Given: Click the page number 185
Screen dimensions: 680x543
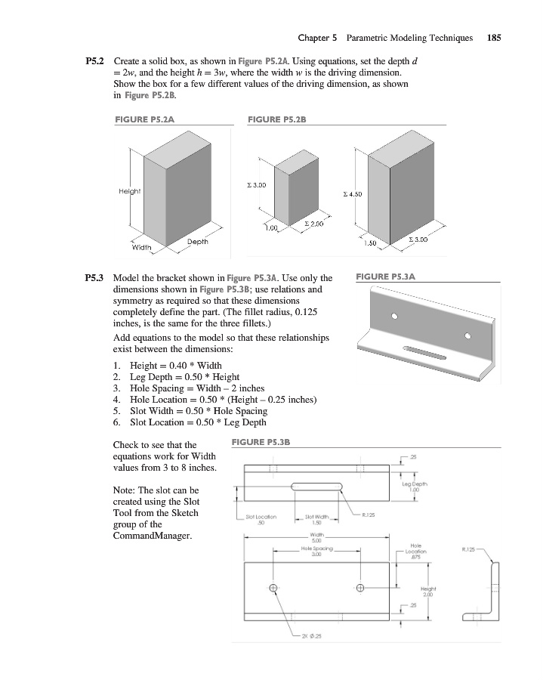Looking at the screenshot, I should click(x=495, y=36).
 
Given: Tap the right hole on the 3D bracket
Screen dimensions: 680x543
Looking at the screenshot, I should click(x=467, y=334).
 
